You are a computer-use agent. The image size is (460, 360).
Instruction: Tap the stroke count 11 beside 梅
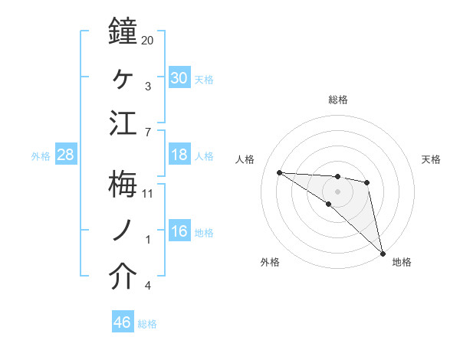click(x=147, y=193)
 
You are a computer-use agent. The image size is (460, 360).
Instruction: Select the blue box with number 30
click(x=179, y=78)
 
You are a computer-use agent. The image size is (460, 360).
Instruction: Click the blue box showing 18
click(x=179, y=155)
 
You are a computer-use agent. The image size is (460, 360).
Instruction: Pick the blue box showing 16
click(x=179, y=232)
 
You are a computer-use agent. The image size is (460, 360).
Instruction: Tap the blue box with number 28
click(x=66, y=155)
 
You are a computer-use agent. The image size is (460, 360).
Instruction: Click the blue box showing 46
click(x=123, y=323)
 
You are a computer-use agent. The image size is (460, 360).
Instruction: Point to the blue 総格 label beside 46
click(x=147, y=324)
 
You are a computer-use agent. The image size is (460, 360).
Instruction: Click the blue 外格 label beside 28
click(x=41, y=156)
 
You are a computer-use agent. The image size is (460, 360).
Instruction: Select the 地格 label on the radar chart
click(x=402, y=262)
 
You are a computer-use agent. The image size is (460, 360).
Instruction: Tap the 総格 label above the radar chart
click(x=338, y=100)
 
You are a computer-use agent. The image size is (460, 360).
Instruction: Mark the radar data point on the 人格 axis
click(x=279, y=172)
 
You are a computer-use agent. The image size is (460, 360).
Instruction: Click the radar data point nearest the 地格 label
click(x=382, y=253)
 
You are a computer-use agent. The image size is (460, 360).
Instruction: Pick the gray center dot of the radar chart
click(x=337, y=191)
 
